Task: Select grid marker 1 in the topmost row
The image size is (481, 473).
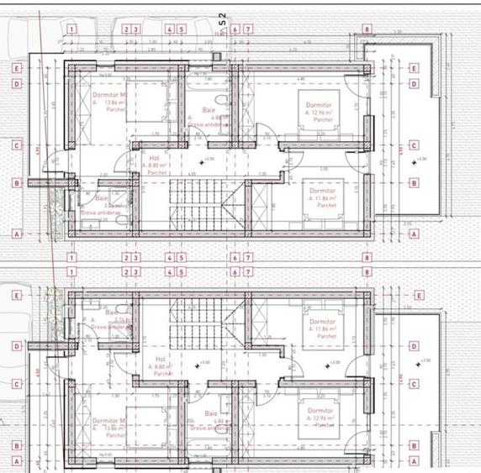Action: pos(72,29)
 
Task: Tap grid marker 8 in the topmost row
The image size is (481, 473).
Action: pos(367,29)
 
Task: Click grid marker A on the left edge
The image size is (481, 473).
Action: pos(16,234)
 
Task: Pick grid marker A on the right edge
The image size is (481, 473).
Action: pos(414,234)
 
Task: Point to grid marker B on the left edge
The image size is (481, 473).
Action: pos(16,181)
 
